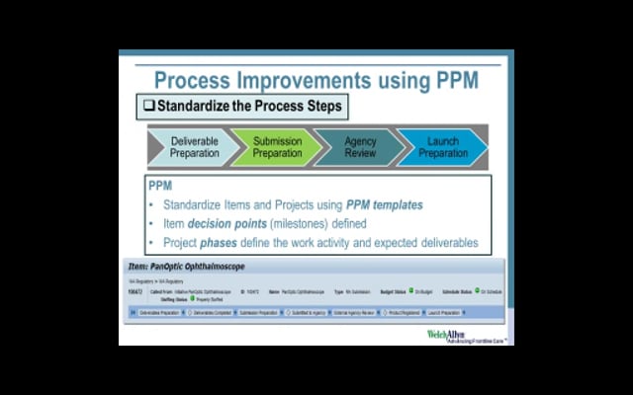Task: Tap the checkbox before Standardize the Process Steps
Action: (148, 106)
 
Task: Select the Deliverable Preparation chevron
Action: (194, 147)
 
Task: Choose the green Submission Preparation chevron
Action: (277, 147)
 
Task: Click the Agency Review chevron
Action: (360, 147)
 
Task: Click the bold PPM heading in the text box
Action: (160, 186)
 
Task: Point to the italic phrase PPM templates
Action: (384, 205)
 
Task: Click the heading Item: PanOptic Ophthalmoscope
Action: (187, 267)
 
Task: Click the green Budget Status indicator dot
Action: (407, 292)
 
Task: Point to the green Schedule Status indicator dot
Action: (476, 292)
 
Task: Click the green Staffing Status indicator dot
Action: (193, 299)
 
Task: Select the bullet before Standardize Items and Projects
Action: (152, 205)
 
